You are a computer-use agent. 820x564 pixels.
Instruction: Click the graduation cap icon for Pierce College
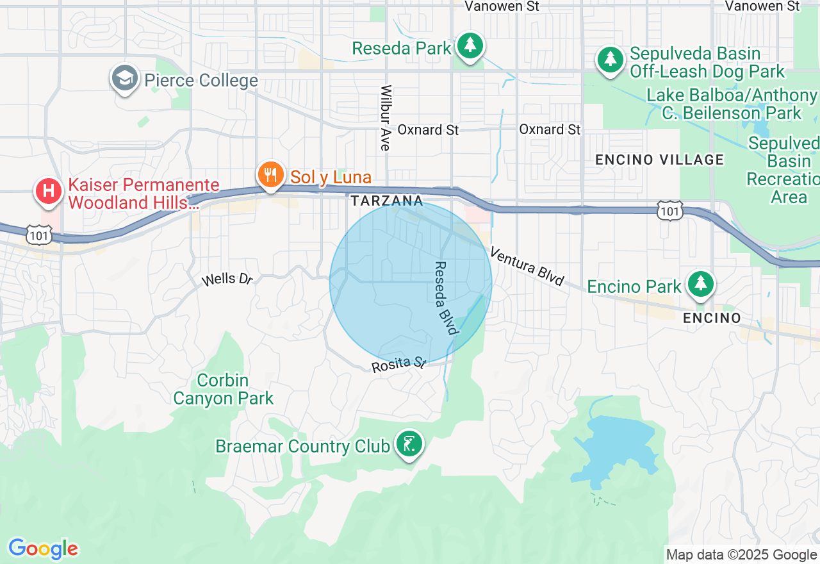(124, 79)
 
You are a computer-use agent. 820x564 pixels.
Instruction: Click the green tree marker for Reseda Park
(471, 46)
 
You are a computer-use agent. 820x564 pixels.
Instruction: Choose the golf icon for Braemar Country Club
(409, 444)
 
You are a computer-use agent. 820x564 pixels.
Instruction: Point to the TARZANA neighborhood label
(387, 201)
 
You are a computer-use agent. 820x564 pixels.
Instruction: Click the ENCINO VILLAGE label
(660, 160)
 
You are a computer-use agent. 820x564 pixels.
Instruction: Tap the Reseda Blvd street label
(447, 297)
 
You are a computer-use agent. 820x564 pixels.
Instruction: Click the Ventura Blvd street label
(527, 265)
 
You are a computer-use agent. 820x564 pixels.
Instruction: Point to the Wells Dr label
(227, 279)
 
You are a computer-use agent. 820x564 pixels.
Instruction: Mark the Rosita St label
(398, 364)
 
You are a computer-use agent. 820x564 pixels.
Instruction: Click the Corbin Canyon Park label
(223, 389)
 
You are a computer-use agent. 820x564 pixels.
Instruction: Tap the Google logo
(43, 549)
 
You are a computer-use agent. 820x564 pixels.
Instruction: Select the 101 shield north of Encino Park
(669, 210)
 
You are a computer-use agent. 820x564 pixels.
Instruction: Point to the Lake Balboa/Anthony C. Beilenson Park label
(732, 104)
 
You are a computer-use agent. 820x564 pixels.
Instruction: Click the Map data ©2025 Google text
(741, 555)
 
